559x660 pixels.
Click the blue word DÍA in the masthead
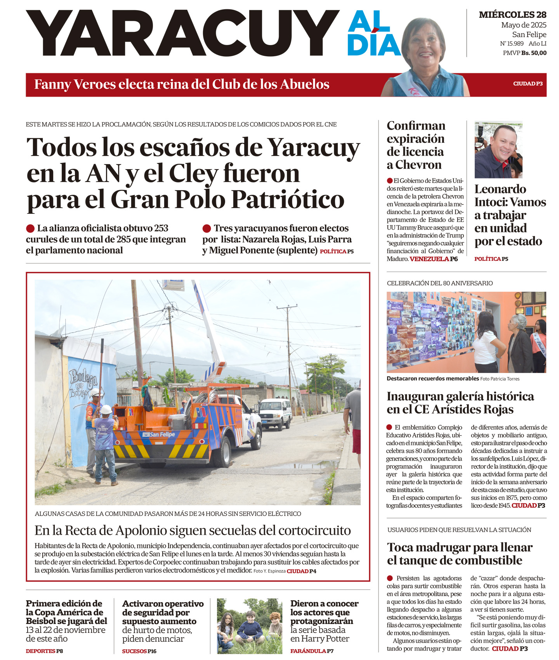click(x=374, y=45)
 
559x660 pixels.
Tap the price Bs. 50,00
click(x=534, y=53)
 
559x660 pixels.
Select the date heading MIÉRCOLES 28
click(x=512, y=15)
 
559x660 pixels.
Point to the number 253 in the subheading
click(x=161, y=228)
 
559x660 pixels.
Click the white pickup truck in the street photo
click(x=275, y=414)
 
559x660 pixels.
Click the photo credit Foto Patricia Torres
click(x=500, y=379)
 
